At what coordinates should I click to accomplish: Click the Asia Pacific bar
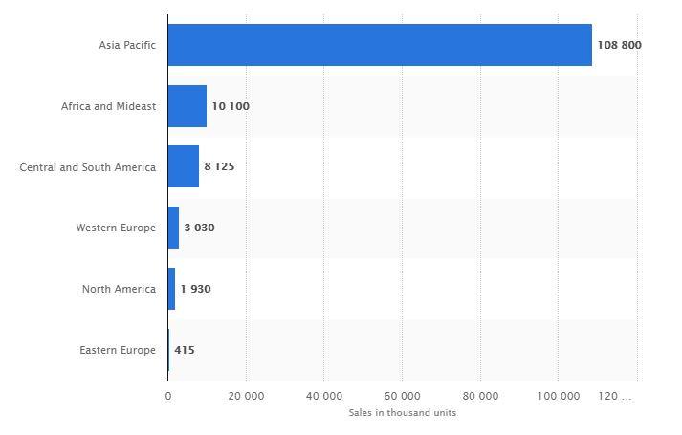click(380, 45)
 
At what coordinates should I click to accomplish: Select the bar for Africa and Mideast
click(187, 106)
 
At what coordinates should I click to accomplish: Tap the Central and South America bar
click(184, 166)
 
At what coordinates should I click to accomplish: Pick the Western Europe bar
click(173, 228)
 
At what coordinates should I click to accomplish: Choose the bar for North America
click(171, 289)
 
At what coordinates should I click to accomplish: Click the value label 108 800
click(619, 45)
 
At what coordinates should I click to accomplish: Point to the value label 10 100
click(231, 106)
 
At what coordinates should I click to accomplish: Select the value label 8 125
click(219, 166)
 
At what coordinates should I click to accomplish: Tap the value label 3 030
click(199, 228)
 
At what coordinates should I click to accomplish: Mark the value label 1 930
click(195, 289)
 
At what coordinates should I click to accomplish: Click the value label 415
click(185, 350)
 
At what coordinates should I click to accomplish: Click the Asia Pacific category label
click(127, 45)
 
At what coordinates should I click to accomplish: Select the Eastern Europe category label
click(118, 350)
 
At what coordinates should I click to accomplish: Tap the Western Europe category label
click(116, 228)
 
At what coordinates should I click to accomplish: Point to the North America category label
click(119, 289)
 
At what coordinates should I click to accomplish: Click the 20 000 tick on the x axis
click(246, 396)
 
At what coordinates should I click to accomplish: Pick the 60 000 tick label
click(402, 396)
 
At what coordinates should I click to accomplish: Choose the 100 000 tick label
click(559, 396)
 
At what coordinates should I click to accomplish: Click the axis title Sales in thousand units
click(402, 413)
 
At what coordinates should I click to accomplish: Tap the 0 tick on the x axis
click(167, 396)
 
